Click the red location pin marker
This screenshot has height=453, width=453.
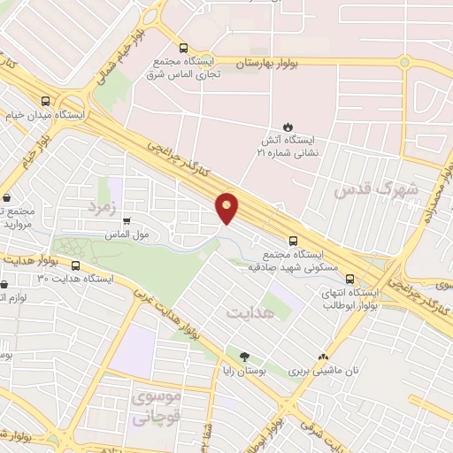(x=227, y=208)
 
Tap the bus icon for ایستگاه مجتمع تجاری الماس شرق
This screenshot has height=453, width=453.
(x=182, y=50)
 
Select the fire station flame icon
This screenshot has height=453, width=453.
(x=287, y=126)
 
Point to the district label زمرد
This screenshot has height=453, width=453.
(x=102, y=206)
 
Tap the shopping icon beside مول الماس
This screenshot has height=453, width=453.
(x=127, y=221)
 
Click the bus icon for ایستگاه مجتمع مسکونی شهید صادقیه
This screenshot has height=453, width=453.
(x=293, y=240)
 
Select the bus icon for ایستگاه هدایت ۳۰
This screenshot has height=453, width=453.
(x=75, y=265)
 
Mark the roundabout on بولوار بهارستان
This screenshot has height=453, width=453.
(x=403, y=63)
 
